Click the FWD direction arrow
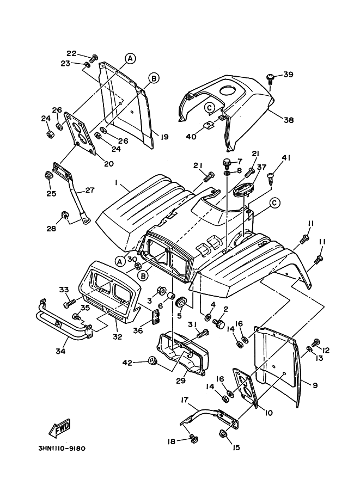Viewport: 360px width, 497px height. tap(60, 428)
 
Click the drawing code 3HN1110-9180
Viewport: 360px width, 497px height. tap(62, 449)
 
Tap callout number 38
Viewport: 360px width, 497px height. tap(288, 120)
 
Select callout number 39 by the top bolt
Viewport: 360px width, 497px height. tap(288, 75)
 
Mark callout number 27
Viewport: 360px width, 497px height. tap(89, 191)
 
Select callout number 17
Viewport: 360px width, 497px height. tap(185, 400)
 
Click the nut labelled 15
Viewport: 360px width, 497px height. tap(223, 434)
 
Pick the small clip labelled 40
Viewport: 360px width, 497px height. tap(208, 126)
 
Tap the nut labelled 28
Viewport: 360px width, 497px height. tap(65, 217)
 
